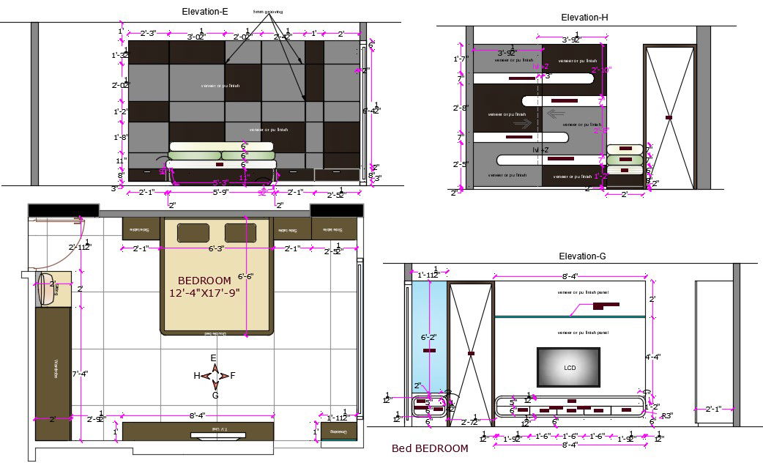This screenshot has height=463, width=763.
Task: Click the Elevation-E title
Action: point(205,11)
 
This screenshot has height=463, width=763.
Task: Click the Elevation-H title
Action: point(584,17)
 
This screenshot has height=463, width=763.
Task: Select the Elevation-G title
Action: point(582,256)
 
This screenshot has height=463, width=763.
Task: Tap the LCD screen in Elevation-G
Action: point(569,367)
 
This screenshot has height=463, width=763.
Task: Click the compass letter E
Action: point(214,358)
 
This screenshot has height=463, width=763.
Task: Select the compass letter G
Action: point(215,395)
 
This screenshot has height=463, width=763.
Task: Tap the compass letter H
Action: point(197,376)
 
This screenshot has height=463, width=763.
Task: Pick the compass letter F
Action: point(232,376)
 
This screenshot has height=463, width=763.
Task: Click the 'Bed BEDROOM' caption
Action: point(430,448)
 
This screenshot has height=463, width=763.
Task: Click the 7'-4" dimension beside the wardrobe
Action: point(81,374)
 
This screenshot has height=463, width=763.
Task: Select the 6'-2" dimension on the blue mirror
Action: point(428,338)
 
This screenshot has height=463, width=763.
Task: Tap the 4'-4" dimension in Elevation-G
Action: point(653,358)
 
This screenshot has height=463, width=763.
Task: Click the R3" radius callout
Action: point(666,415)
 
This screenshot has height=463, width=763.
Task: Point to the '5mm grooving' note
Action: point(267,12)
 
